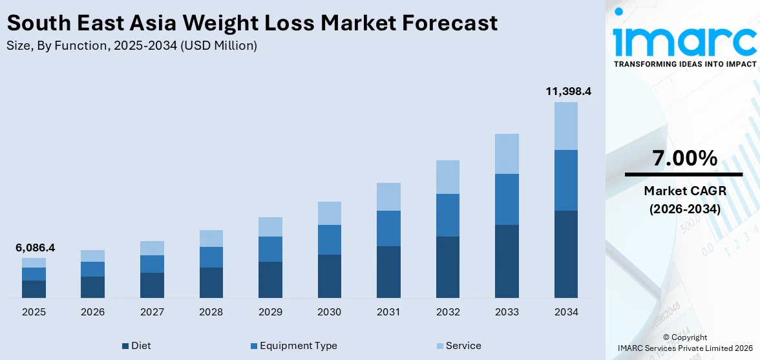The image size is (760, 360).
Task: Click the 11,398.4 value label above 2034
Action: (x=568, y=91)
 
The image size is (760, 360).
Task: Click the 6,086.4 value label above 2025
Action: (x=34, y=248)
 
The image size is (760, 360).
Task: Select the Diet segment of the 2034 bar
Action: (x=566, y=254)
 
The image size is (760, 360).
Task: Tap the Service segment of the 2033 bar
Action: (x=507, y=154)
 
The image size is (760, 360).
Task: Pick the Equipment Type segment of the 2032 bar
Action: (x=448, y=215)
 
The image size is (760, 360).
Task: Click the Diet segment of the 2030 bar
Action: (x=329, y=276)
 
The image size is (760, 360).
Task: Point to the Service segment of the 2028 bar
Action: (x=211, y=238)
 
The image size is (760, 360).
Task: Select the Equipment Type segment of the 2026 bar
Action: (x=93, y=269)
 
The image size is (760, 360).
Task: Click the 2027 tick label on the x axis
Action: (x=152, y=312)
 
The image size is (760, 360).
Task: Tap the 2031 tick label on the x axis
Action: (x=388, y=312)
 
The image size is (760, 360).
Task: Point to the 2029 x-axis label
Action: (x=270, y=312)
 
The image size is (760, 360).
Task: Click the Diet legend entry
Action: (x=136, y=346)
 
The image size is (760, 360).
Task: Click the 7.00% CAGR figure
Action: (x=684, y=158)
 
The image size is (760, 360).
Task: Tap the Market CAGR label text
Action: (x=684, y=191)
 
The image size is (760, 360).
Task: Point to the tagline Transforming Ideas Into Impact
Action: (x=684, y=64)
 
